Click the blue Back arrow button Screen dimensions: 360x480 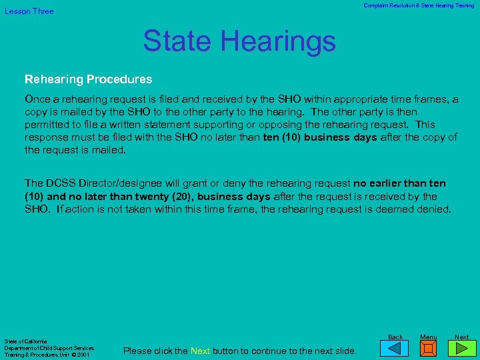(396, 348)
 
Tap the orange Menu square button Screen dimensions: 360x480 (429, 349)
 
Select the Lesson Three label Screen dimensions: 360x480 (29, 11)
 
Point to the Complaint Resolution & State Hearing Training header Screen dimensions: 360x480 (419, 5)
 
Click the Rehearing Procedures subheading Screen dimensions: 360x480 (89, 79)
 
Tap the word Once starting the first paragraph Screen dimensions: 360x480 (39, 99)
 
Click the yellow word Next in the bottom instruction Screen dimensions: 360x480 (201, 351)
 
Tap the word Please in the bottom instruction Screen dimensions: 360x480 (138, 351)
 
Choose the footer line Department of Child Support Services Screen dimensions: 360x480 (49, 348)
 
